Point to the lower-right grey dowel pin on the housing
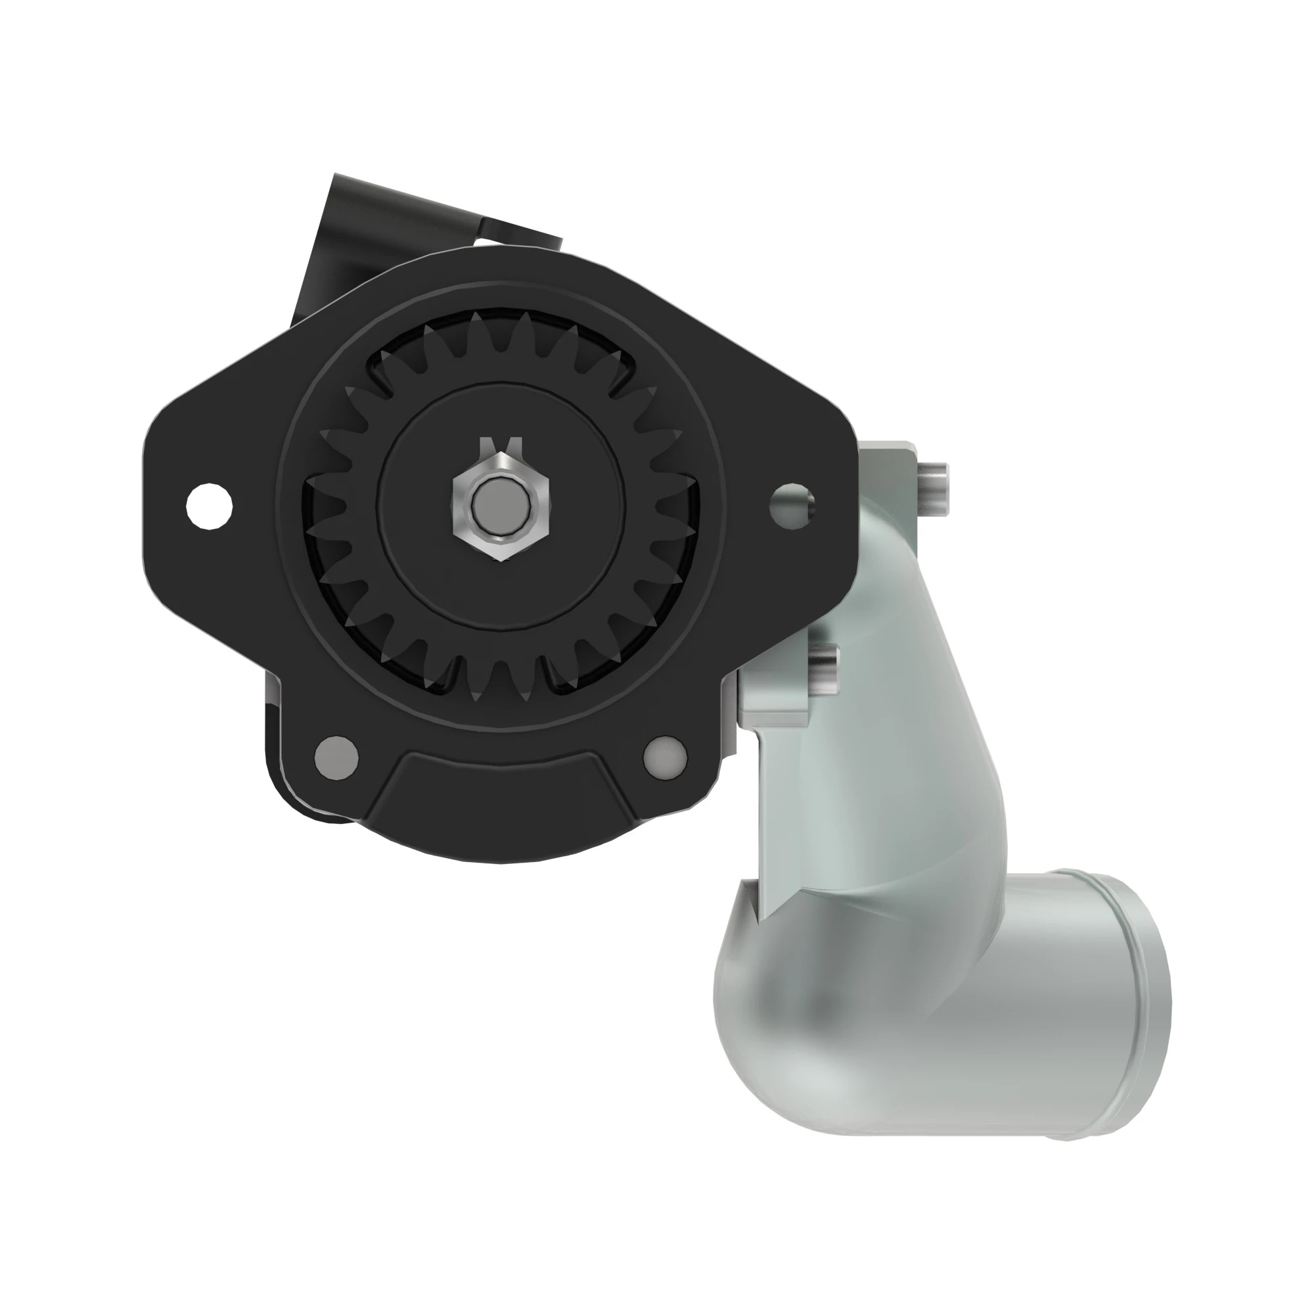point(665,755)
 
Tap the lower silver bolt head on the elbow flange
point(825,669)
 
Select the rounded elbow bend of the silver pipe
point(782,1007)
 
